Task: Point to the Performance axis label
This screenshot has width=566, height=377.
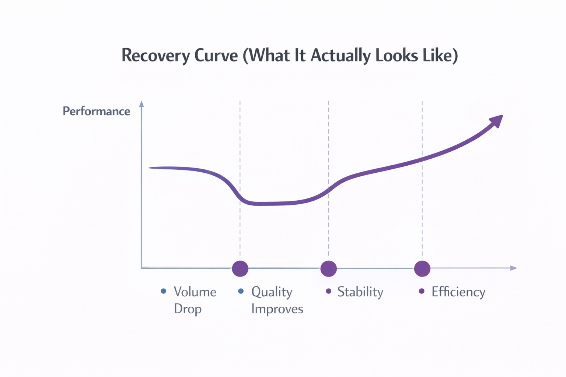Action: pyautogui.click(x=96, y=111)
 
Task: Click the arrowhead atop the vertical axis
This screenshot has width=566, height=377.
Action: pyautogui.click(x=141, y=104)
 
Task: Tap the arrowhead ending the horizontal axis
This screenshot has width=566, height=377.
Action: pyautogui.click(x=514, y=268)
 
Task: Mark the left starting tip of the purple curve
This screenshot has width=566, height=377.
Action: pyautogui.click(x=150, y=168)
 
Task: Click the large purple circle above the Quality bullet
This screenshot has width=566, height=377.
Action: pyautogui.click(x=240, y=268)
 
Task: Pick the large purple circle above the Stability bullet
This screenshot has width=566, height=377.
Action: pyautogui.click(x=328, y=268)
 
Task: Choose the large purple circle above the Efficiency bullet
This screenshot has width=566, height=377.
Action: pyautogui.click(x=422, y=268)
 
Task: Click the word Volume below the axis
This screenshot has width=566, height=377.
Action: pyautogui.click(x=195, y=292)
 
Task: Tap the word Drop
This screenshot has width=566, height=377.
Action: pyautogui.click(x=188, y=309)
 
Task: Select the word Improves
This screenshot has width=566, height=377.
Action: pyautogui.click(x=277, y=309)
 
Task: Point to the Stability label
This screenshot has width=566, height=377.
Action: pyautogui.click(x=360, y=292)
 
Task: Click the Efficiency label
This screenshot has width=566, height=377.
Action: pyautogui.click(x=458, y=292)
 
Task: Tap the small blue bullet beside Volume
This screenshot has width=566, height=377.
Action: pyautogui.click(x=164, y=291)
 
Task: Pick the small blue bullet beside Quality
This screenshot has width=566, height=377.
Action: pyautogui.click(x=241, y=291)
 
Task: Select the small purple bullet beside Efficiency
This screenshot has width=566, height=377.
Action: pyautogui.click(x=422, y=291)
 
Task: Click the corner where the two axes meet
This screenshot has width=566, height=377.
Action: pyautogui.click(x=141, y=268)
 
